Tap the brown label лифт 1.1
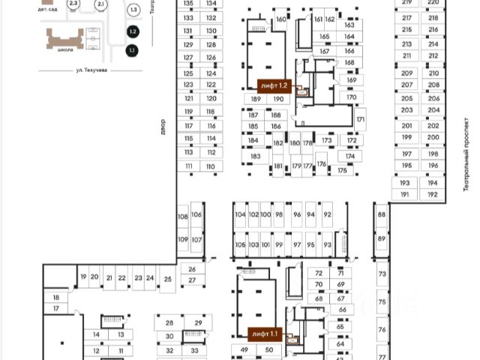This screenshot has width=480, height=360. click(265, 333)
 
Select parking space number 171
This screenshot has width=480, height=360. click(361, 120)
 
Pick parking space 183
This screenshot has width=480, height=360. click(255, 156)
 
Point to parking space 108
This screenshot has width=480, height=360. click(182, 217)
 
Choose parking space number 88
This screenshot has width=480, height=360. click(382, 215)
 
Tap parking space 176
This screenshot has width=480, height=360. click(321, 164)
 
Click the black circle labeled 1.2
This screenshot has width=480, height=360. click(133, 32)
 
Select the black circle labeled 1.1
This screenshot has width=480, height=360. click(133, 51)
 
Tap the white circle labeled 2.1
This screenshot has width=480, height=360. click(100, 4)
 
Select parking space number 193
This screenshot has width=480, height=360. click(405, 183)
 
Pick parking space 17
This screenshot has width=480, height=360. click(55, 309)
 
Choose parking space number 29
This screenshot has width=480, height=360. click(198, 322)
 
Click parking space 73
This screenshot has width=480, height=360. click(382, 274)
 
